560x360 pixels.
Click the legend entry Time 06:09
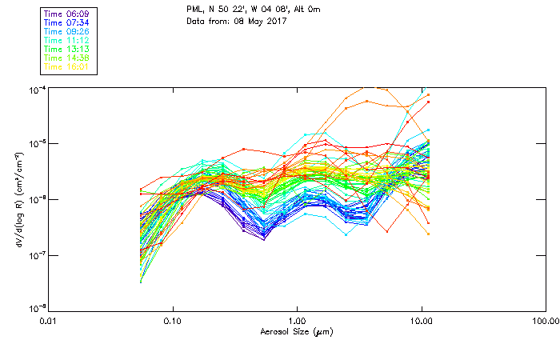point(66,14)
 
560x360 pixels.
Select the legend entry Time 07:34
point(66,23)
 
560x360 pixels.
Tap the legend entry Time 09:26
point(66,32)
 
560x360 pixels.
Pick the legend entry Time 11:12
point(66,41)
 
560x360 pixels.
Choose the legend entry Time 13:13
point(66,50)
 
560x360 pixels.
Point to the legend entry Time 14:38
point(66,58)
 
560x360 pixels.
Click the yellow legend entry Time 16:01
point(66,67)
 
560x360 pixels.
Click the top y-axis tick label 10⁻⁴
point(35,89)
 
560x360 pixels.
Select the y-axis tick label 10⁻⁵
point(35,144)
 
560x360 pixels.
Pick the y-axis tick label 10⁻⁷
point(35,255)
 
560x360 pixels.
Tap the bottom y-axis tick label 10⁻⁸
point(35,309)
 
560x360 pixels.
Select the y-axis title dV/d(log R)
point(18,199)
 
